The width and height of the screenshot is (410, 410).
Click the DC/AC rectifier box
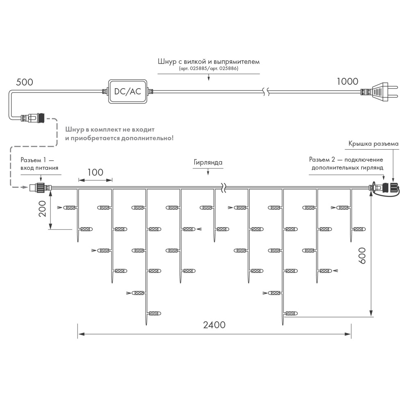point(127,91)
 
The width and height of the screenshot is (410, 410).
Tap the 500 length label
point(24,82)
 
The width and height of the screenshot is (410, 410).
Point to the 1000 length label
point(347,81)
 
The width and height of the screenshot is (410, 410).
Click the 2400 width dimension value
point(214,325)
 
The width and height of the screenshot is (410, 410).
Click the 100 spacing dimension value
point(95,172)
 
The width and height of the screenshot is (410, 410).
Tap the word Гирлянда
point(208,162)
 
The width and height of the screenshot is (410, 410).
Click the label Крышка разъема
point(373,144)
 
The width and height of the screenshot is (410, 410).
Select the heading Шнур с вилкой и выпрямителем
point(208,61)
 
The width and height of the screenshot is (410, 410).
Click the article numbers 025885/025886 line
point(208,68)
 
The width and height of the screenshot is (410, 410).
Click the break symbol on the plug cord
point(266,91)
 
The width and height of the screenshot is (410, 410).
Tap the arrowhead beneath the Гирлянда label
point(208,173)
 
